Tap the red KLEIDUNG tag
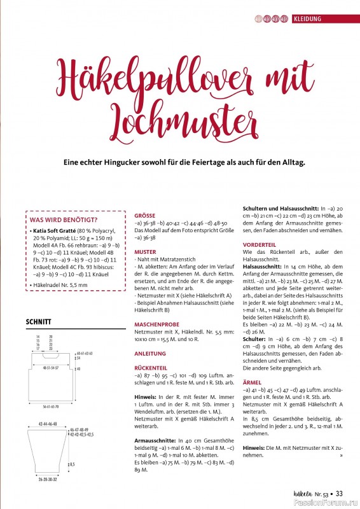coord(315,18)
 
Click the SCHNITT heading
coord(39,322)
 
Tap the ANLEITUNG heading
coord(150,353)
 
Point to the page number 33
coord(340,492)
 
